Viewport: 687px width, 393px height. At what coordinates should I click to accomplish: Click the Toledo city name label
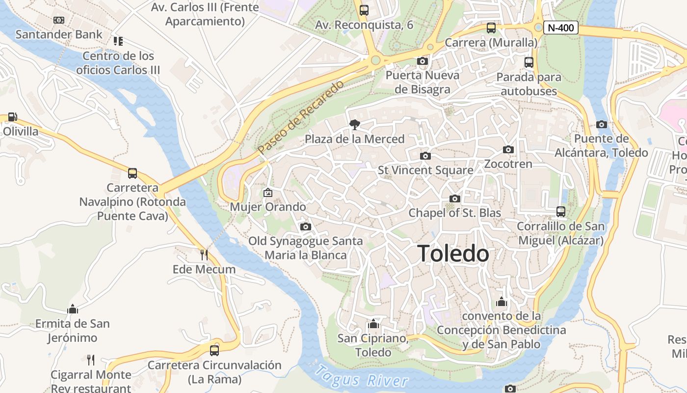[453, 254]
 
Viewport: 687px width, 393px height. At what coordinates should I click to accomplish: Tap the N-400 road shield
[560, 28]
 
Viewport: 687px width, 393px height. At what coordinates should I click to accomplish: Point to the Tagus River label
[362, 377]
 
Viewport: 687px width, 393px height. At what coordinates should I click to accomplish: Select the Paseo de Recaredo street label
[301, 117]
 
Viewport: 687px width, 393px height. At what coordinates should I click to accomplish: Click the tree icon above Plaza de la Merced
[354, 125]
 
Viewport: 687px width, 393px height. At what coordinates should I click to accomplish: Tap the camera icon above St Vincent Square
[425, 156]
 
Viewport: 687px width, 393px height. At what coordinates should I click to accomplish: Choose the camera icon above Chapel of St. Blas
[455, 198]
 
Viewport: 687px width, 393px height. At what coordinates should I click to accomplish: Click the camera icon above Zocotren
[508, 149]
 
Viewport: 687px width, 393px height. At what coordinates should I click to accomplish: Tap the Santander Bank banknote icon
[59, 20]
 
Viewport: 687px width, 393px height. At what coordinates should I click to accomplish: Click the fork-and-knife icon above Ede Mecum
[204, 254]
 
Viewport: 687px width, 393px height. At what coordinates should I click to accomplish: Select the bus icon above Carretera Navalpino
[132, 173]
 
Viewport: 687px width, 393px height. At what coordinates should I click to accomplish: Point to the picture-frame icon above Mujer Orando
[268, 193]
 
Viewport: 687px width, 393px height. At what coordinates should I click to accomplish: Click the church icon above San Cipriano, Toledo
[373, 324]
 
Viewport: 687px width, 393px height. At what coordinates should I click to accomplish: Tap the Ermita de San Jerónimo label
[73, 331]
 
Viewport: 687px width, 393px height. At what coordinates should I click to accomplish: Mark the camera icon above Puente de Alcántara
[601, 124]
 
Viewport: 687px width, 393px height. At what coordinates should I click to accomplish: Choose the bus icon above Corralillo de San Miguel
[561, 212]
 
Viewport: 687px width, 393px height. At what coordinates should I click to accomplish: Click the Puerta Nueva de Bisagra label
[423, 82]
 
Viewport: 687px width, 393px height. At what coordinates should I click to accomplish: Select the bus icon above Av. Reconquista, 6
[364, 10]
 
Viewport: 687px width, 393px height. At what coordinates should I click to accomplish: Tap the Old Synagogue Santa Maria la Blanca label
[306, 248]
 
